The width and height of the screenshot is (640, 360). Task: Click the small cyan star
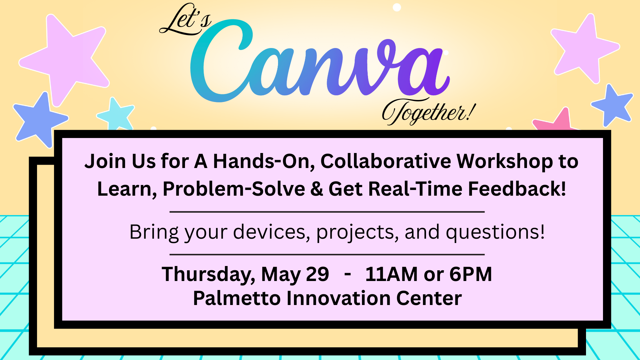[116, 114]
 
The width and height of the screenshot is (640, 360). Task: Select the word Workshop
[505, 162]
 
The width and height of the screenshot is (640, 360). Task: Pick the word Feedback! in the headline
[517, 189]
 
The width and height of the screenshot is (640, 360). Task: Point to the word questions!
[495, 233]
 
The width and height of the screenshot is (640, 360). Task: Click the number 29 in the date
[317, 274]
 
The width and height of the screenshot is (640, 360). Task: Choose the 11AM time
[391, 274]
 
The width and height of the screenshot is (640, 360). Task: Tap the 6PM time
[471, 274]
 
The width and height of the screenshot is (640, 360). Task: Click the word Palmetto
[237, 298]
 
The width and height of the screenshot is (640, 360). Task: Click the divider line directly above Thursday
[327, 254]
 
